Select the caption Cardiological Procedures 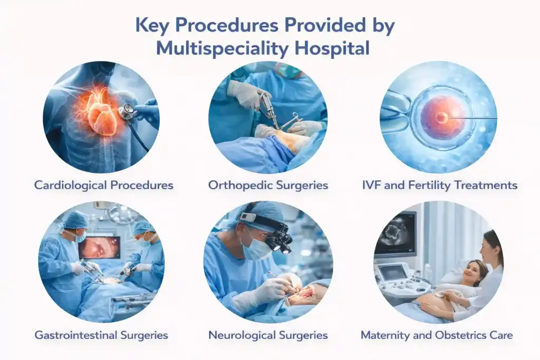104,186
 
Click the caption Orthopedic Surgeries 268,186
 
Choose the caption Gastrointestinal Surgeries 101,335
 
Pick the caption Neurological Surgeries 268,335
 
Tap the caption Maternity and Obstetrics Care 437,335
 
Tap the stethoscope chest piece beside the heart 127,111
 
